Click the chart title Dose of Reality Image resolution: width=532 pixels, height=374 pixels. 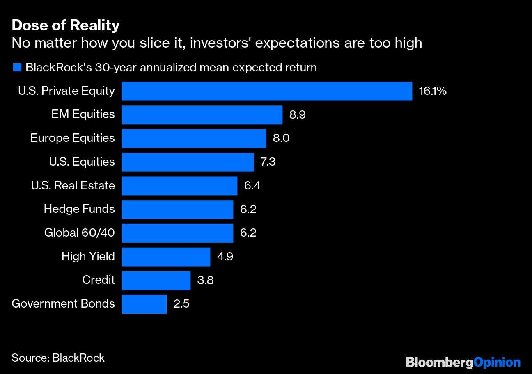66,25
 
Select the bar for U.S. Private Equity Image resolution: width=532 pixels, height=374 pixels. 267,91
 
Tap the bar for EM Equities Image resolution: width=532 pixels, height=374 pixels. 202,115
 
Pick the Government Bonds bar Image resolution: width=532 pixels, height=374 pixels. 144,304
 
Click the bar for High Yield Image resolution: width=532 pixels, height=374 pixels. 166,257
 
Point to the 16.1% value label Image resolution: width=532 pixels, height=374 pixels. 432,91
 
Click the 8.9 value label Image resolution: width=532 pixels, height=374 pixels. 297,115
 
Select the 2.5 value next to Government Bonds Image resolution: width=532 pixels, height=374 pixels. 181,304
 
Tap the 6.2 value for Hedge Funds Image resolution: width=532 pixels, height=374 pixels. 248,210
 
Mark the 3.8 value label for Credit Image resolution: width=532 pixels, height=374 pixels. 205,280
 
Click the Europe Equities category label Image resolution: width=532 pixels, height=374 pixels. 73,138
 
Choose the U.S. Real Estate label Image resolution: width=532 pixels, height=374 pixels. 73,186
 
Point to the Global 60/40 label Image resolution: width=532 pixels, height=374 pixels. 79,233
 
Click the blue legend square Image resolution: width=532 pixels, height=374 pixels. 17,68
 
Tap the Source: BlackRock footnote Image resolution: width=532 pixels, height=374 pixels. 58,358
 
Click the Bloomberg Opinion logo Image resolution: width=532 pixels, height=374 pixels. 463,362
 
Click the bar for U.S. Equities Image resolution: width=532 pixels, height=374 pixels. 188,162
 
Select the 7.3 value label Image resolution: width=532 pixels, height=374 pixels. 268,162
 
